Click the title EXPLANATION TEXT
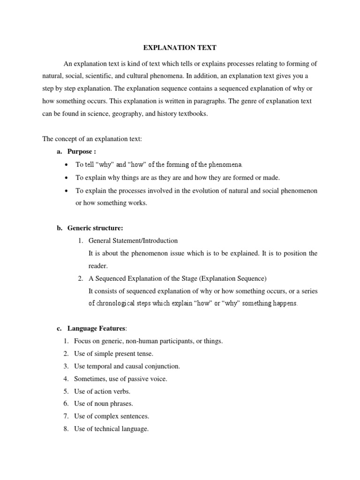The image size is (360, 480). point(180,48)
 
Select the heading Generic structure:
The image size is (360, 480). point(95,228)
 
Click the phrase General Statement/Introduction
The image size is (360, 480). point(133,240)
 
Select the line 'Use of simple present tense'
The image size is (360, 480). point(113,353)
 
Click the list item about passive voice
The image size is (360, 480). point(120,379)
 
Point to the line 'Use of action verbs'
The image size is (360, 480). point(102,391)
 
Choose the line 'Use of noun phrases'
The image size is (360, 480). point(104,404)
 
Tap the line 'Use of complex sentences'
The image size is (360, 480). point(112,416)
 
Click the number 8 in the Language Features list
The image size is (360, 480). point(66,428)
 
